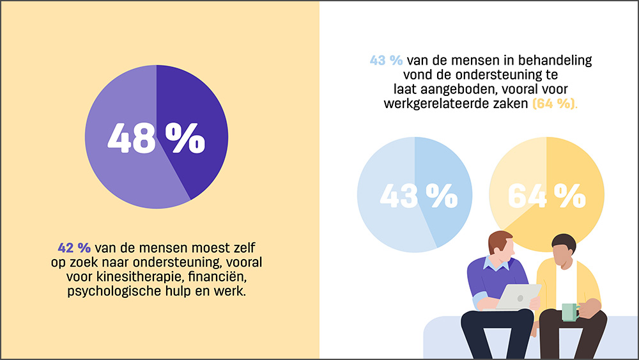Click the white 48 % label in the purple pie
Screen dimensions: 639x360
pyautogui.click(x=156, y=138)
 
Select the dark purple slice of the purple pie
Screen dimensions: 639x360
pyautogui.click(x=192, y=122)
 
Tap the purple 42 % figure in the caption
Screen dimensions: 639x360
pyautogui.click(x=74, y=247)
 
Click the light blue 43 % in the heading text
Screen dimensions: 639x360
pyautogui.click(x=387, y=60)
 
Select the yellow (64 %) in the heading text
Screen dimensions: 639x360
pyautogui.click(x=555, y=104)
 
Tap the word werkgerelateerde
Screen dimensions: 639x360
pyautogui.click(x=436, y=104)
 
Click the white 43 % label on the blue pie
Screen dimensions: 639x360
pyautogui.click(x=419, y=196)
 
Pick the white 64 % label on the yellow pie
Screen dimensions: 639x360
pyautogui.click(x=547, y=196)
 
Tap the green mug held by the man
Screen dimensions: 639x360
pyautogui.click(x=570, y=312)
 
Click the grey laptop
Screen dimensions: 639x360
pyautogui.click(x=517, y=297)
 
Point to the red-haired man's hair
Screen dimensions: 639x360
pyautogui.click(x=498, y=241)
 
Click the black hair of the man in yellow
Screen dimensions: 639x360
pyautogui.click(x=564, y=244)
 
